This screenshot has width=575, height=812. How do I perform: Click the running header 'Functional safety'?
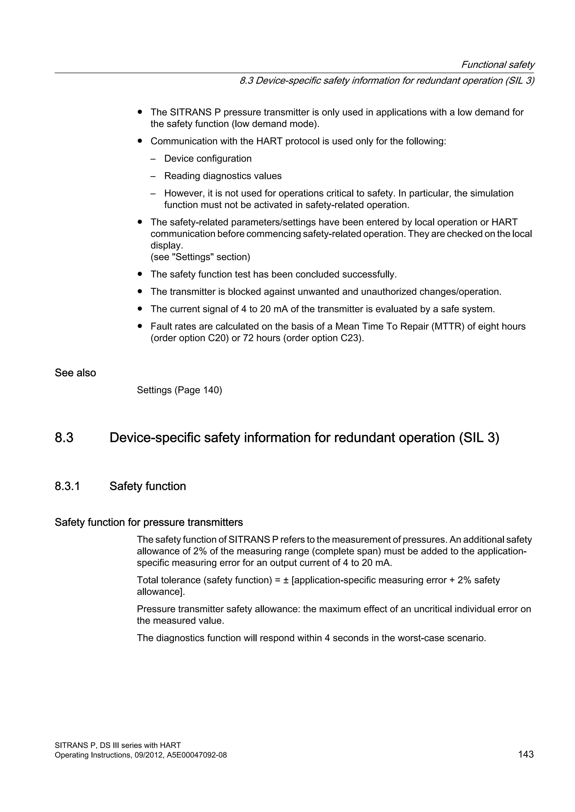pyautogui.click(x=498, y=65)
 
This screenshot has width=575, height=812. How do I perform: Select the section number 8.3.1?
pyautogui.click(x=67, y=486)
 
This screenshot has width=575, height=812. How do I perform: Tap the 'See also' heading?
pyautogui.click(x=75, y=373)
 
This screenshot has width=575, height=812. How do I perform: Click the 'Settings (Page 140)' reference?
pyautogui.click(x=179, y=390)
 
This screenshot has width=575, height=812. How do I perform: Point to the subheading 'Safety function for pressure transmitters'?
pyautogui.click(x=149, y=522)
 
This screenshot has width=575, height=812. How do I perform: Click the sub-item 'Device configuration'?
pyautogui.click(x=208, y=158)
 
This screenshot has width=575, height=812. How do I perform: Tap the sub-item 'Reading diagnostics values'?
pyautogui.click(x=223, y=176)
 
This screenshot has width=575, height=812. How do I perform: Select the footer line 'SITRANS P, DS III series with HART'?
pyautogui.click(x=118, y=746)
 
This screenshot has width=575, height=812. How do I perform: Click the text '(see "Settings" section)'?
pyautogui.click(x=200, y=257)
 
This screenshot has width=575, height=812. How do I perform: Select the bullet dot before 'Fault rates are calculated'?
pyautogui.click(x=140, y=326)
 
